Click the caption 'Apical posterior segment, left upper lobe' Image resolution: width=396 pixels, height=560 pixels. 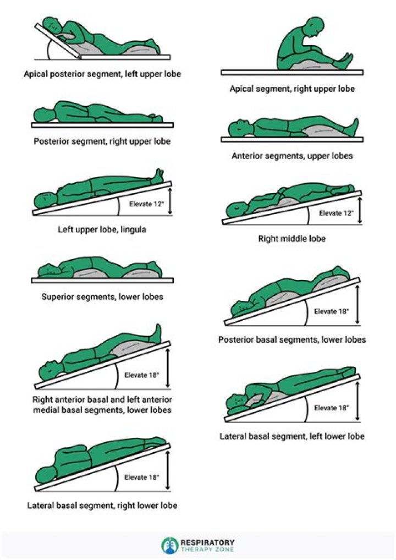click(x=102, y=73)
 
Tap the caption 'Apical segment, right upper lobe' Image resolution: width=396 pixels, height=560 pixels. click(x=292, y=89)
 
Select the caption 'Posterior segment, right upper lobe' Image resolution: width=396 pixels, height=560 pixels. click(x=102, y=141)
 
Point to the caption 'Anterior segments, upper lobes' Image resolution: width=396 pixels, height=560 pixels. click(x=292, y=156)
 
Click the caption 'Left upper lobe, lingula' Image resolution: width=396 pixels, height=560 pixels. click(x=102, y=229)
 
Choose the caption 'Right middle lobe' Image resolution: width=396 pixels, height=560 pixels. click(x=292, y=239)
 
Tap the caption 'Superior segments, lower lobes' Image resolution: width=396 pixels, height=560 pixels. click(x=102, y=297)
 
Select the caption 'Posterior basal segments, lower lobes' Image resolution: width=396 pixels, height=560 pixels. click(x=292, y=339)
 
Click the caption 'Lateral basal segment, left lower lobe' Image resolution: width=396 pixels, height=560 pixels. click(x=292, y=436)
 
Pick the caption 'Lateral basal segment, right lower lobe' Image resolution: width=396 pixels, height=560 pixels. click(x=102, y=504)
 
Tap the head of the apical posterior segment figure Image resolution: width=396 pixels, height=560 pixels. click(x=52, y=24)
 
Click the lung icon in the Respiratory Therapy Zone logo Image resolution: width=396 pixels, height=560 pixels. click(x=169, y=545)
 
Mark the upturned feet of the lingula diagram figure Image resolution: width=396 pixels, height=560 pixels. click(x=159, y=175)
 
